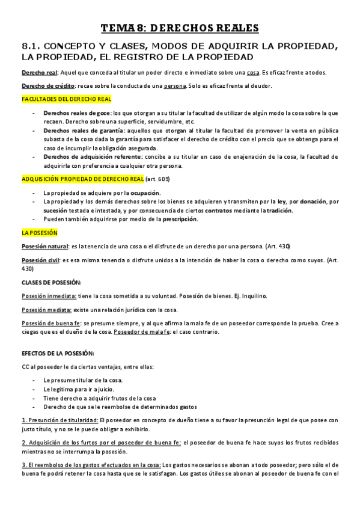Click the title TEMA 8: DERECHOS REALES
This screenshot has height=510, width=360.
point(179,28)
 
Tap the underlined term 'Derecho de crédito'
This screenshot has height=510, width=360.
point(44,85)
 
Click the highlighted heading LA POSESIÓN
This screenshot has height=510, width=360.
point(39,233)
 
